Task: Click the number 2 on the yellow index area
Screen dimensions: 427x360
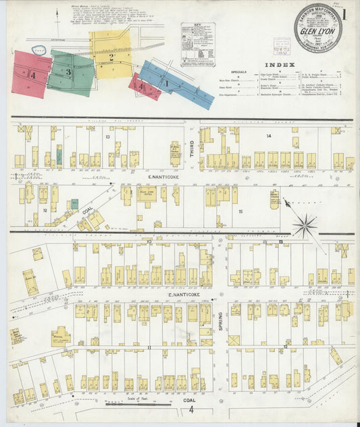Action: (110, 57)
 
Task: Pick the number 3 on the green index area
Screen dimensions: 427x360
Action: (68, 72)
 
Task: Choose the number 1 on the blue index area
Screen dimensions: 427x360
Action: (166, 83)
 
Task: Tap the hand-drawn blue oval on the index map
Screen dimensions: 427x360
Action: (39, 50)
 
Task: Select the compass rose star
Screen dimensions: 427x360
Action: (305, 224)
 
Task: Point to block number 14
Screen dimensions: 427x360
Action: (268, 136)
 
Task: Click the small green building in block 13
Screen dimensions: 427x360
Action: (59, 157)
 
